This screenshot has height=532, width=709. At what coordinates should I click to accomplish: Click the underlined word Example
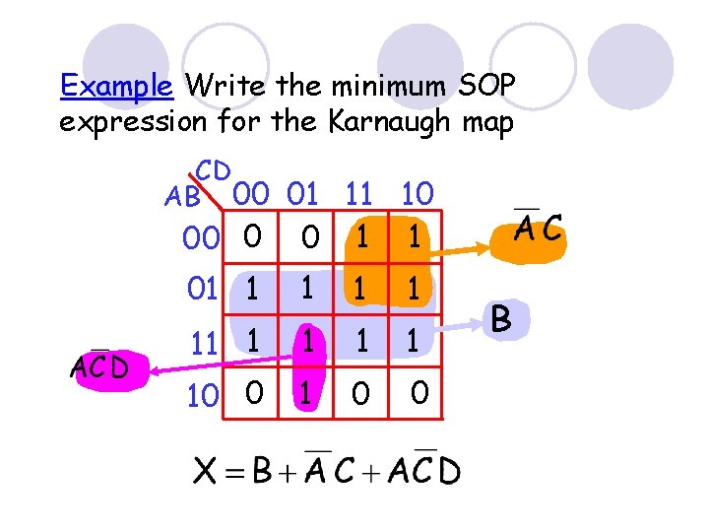click(116, 86)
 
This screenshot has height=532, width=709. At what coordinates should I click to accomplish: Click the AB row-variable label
click(183, 196)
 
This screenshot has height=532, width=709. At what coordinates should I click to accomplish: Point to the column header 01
click(306, 193)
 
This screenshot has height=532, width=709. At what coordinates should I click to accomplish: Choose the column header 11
click(364, 193)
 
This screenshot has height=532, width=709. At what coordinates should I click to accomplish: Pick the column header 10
click(417, 193)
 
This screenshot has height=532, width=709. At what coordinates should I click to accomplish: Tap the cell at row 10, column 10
click(419, 394)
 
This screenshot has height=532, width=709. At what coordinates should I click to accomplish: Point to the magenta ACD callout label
click(98, 367)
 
